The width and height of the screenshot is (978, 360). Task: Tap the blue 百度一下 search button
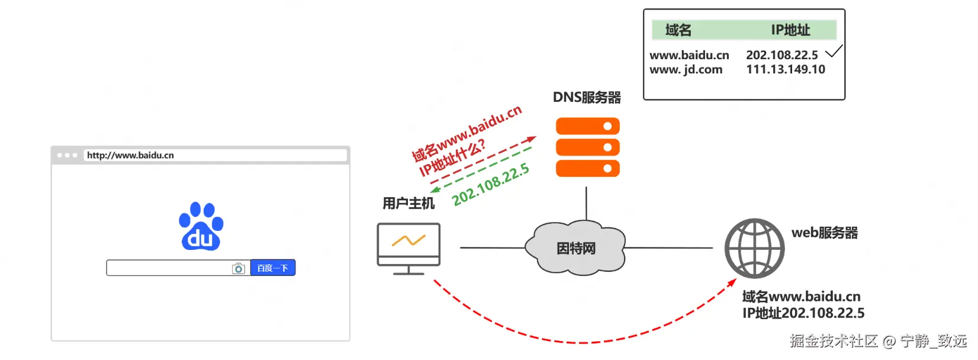coord(272,268)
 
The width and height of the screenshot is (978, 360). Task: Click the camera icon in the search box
coord(239,269)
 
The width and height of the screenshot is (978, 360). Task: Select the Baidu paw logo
coord(201,227)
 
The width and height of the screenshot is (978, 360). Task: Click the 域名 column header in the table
coord(678,30)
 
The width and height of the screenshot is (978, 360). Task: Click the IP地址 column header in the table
coord(790,30)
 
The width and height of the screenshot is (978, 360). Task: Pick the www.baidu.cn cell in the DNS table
coord(689,55)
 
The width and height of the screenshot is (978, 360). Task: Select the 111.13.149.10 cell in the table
coord(785,69)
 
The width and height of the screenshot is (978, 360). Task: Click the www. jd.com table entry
coord(686,69)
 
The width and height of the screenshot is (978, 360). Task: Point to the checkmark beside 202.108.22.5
coord(834,52)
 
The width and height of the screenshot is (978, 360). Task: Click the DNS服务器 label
coord(587,97)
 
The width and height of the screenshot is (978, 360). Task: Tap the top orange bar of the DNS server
coord(587,126)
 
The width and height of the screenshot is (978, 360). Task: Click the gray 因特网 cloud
coord(575,249)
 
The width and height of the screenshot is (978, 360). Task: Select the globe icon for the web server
coord(754,249)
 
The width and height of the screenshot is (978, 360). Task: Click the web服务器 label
coord(824,233)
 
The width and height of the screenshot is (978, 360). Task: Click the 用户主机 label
coord(408,204)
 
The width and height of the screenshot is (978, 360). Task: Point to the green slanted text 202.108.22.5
coord(491,185)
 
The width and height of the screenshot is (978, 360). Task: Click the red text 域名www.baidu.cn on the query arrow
coord(467,133)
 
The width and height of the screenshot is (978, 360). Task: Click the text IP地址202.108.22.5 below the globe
coord(803,313)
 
